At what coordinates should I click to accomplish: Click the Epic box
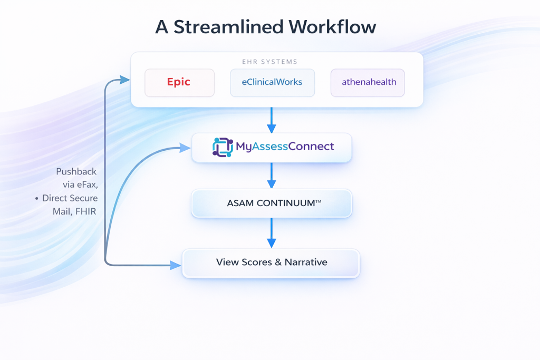(179, 82)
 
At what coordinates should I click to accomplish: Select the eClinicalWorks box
(272, 82)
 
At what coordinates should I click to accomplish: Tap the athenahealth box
(368, 82)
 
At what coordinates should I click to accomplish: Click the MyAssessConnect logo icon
(222, 147)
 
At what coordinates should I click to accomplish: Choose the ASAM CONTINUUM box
(272, 203)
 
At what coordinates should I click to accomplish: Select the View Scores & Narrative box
(271, 262)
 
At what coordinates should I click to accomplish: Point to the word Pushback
(76, 172)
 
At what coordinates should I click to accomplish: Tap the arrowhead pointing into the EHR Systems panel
(126, 80)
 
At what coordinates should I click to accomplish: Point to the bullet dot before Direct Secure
(37, 199)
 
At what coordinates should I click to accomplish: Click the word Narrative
(306, 262)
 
